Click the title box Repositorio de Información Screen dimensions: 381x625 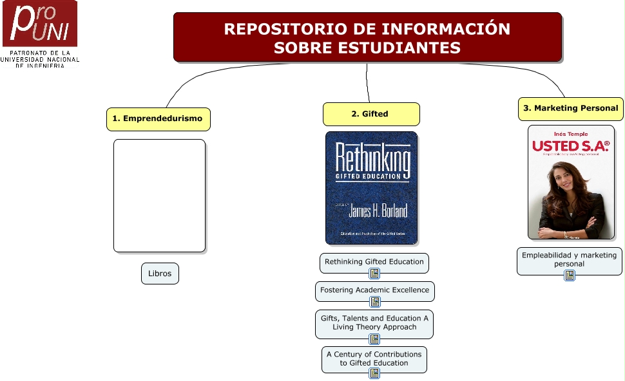(367, 37)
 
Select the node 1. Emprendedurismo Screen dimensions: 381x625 (158, 118)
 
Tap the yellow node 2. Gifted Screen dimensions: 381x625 (370, 114)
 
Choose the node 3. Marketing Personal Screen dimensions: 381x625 (571, 109)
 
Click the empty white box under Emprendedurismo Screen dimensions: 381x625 (159, 196)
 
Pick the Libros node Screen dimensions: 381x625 (160, 274)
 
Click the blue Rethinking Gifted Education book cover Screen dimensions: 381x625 (371, 188)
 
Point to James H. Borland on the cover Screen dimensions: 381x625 (378, 210)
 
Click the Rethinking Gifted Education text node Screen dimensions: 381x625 (374, 262)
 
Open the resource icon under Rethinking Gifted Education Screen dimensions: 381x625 (374, 274)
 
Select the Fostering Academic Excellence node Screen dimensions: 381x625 (374, 290)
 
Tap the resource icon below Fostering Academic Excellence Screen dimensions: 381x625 (374, 302)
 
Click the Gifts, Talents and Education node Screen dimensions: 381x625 (374, 322)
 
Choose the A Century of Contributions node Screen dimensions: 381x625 (374, 358)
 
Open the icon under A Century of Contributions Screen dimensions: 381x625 (374, 373)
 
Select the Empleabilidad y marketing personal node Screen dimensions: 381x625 (569, 259)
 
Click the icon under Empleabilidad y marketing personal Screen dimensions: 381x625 (570, 275)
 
